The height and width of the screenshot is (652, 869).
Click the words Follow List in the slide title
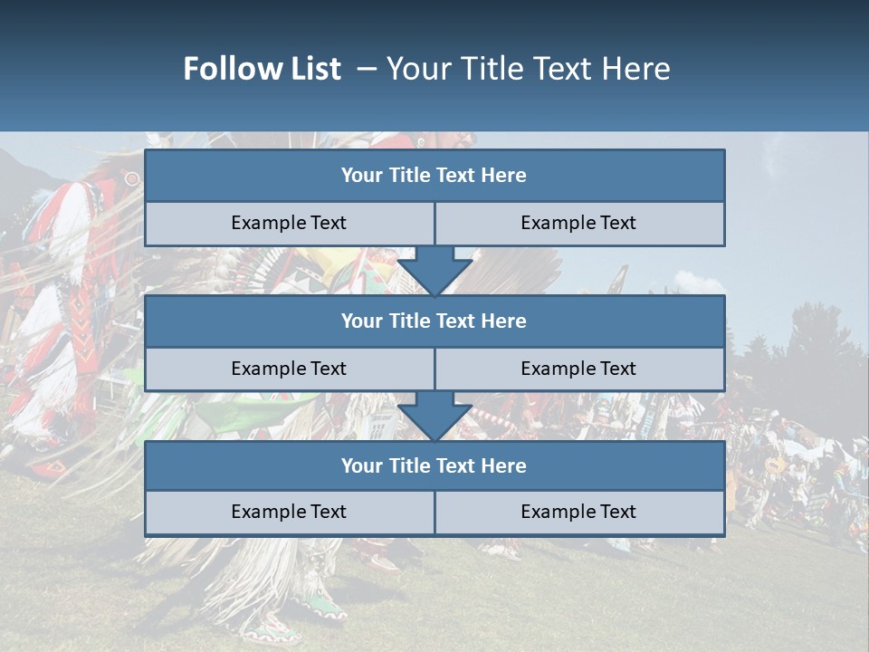click(263, 69)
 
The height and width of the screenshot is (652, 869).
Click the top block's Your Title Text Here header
click(434, 176)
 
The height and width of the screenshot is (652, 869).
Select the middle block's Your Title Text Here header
click(434, 321)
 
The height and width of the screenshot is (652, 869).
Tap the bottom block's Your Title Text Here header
click(434, 466)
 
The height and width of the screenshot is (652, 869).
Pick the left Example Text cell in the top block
click(289, 224)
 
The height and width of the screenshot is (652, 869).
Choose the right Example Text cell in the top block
click(578, 224)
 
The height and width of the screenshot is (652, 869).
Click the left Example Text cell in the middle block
click(289, 369)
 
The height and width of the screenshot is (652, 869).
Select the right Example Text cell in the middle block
click(578, 369)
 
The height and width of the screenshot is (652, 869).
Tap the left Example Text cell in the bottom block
click(289, 513)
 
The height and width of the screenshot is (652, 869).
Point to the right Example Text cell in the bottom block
click(578, 513)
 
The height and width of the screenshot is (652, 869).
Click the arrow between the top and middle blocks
click(434, 272)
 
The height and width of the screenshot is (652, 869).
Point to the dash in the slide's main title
click(367, 69)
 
